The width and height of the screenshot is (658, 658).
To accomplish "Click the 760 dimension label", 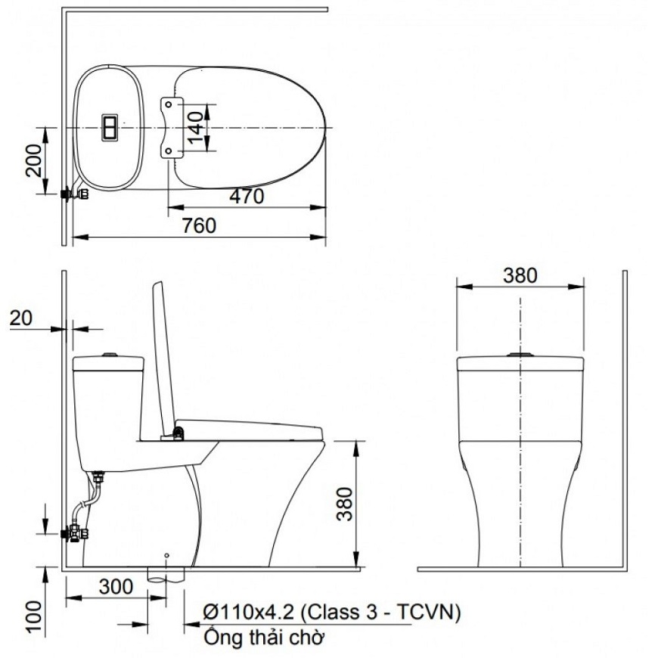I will [x=200, y=225].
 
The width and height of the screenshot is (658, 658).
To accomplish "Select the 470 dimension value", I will [x=247, y=197].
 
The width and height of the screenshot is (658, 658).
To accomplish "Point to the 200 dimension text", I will [x=34, y=160].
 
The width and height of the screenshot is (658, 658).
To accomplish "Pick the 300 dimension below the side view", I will [x=115, y=587].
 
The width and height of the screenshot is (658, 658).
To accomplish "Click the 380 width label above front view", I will [x=520, y=275].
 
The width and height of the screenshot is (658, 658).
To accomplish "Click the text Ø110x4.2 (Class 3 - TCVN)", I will [x=331, y=612].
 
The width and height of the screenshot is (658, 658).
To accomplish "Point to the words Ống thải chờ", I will [x=264, y=638].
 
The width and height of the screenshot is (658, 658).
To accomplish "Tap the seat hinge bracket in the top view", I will [x=172, y=128].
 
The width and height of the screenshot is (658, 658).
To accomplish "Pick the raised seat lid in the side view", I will [x=164, y=355].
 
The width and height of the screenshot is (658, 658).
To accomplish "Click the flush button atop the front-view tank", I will [x=520, y=353].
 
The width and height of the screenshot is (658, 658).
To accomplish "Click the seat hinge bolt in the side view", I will [x=178, y=433].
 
